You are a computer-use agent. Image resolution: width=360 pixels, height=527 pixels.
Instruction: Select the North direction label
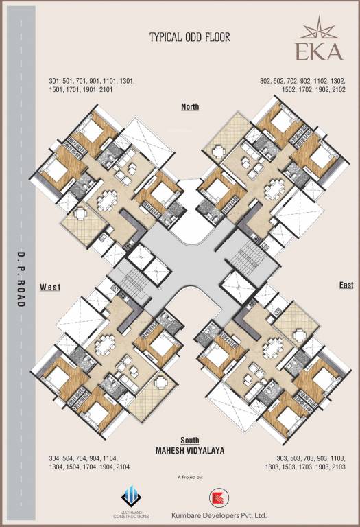tap(190, 106)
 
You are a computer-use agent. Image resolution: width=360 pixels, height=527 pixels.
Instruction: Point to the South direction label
tap(190, 439)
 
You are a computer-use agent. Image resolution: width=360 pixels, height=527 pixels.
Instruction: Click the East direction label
tap(346, 284)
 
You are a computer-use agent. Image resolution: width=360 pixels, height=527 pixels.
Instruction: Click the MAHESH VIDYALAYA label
tap(190, 450)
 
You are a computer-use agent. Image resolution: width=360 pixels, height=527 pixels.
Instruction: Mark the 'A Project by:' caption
tap(190, 476)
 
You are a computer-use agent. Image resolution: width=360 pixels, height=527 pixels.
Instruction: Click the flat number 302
tap(265, 81)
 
